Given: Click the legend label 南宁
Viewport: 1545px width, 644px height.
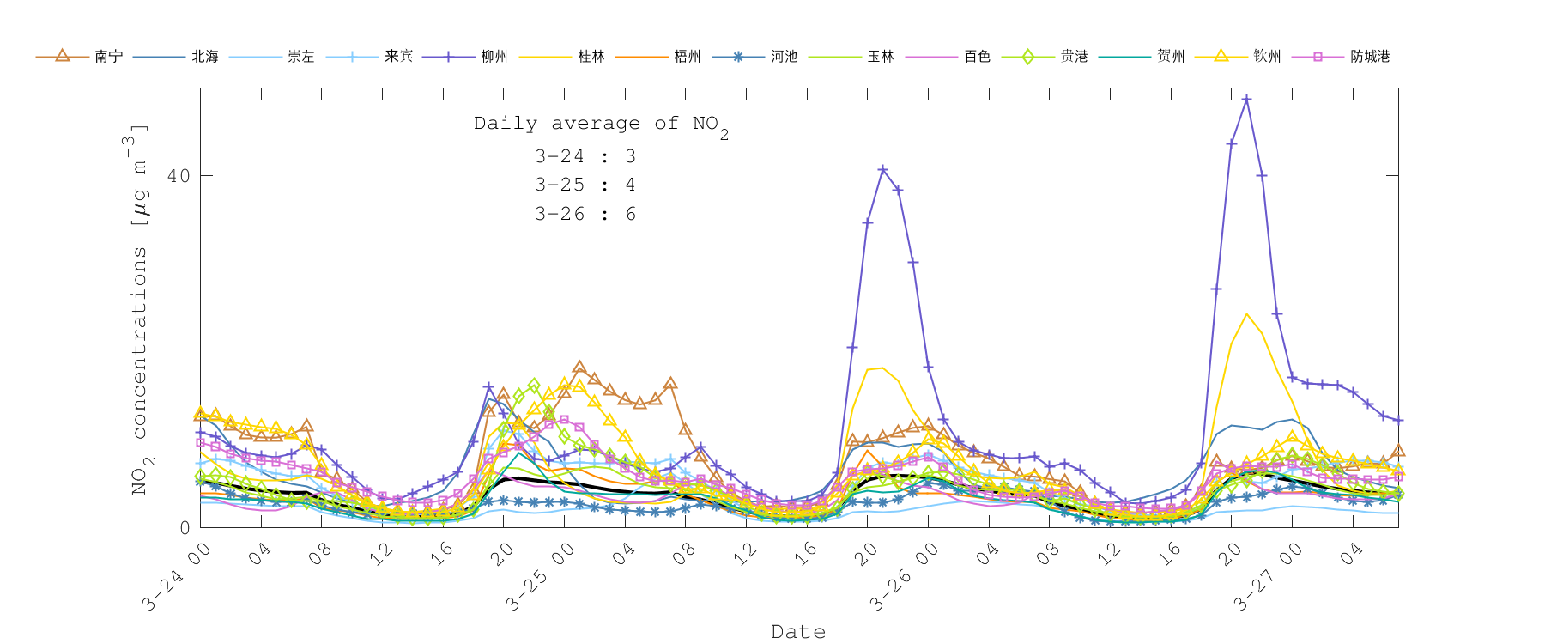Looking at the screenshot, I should coord(109,57).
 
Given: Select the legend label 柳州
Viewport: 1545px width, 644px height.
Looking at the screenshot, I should coord(494,57).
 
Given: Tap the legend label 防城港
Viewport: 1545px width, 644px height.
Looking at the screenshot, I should coord(1370,57).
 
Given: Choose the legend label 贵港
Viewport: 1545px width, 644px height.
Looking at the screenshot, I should coord(1075,57).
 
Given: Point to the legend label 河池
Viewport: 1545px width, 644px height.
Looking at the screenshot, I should coord(785,57).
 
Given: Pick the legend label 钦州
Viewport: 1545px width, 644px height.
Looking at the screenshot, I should coord(1268,57).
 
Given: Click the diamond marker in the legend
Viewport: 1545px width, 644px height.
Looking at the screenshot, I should coord(1027,57).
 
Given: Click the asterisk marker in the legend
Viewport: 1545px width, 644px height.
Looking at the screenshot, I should coord(738,57).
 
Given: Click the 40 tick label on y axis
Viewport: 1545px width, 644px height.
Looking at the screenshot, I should coord(179,176).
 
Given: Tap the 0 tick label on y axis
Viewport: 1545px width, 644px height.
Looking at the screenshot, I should coord(185,527).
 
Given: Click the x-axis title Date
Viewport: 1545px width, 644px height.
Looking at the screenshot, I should coord(798,632).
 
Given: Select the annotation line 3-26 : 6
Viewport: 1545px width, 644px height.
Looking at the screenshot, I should coord(585,214).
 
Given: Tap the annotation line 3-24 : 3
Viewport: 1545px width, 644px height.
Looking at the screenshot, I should coord(585,156).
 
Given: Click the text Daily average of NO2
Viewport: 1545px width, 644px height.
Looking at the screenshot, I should coord(601,125).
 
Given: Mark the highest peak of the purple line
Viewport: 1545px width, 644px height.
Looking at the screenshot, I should coord(1246,100).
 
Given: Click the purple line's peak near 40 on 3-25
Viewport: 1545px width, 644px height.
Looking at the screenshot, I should coord(882,170).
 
